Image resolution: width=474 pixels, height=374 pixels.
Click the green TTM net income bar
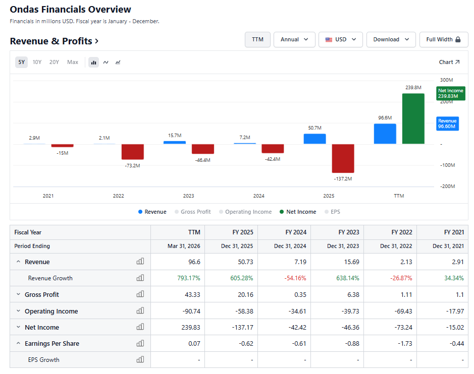click(x=413, y=118)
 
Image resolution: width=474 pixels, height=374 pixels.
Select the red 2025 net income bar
click(x=343, y=158)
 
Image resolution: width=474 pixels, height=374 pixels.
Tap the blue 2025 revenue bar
click(x=314, y=139)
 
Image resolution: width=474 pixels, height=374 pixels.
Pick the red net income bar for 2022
click(x=133, y=152)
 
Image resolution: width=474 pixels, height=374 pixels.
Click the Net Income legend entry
click(x=298, y=212)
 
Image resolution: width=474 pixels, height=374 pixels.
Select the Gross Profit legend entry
click(x=192, y=212)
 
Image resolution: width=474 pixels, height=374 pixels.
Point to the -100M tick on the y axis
click(x=447, y=165)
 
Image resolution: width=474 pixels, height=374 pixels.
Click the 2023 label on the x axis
click(x=188, y=196)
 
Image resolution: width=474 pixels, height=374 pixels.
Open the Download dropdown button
click(x=391, y=39)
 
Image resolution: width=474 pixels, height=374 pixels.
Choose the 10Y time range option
click(x=37, y=62)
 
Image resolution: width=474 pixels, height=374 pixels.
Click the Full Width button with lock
click(x=444, y=39)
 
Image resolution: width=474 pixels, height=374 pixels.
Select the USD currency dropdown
click(x=340, y=39)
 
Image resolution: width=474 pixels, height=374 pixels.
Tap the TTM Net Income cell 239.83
click(x=191, y=327)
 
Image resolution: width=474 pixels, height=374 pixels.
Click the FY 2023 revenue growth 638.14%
click(x=348, y=278)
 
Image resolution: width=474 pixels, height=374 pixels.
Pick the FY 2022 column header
click(x=402, y=232)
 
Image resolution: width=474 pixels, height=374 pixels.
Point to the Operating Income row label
click(x=51, y=311)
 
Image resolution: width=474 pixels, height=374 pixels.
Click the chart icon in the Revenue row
click(x=140, y=262)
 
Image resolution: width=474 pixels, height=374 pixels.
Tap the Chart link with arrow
click(x=449, y=62)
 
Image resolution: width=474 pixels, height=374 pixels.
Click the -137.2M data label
click(x=343, y=179)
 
